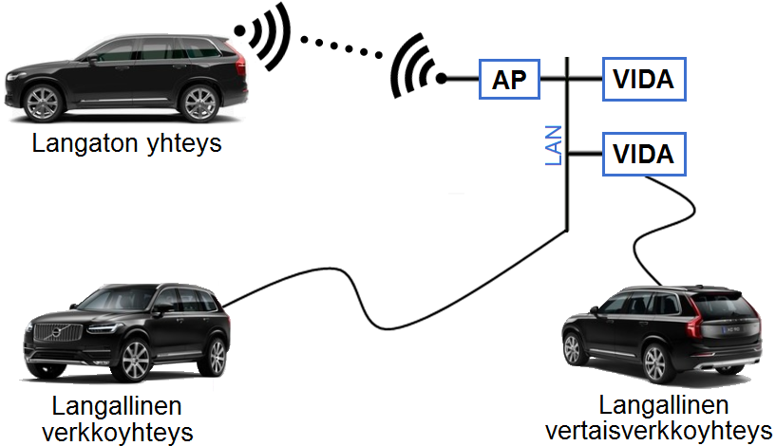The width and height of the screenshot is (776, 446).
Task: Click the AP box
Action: pos(509,79)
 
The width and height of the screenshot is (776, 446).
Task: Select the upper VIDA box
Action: pos(644,79)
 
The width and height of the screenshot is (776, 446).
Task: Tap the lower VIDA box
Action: pos(644,154)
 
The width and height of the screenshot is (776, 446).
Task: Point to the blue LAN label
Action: pos(554,145)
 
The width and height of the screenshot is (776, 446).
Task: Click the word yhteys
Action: pos(184,144)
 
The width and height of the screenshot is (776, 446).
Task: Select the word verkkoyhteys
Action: pos(117,433)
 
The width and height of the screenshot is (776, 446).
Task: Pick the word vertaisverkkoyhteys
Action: pos(659,431)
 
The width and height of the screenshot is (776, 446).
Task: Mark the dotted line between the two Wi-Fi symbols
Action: pos(342,47)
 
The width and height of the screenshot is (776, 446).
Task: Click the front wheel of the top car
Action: pos(43,103)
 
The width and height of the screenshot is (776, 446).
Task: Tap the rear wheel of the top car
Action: pos(199,103)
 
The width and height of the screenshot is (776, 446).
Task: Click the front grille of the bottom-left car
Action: pos(57,332)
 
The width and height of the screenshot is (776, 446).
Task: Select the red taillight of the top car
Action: pos(240,61)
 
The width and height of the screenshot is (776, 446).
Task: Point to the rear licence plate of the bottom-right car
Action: pos(732,329)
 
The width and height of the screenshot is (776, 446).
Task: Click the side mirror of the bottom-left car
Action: pos(162,309)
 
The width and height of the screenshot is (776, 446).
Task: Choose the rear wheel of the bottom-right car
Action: pos(655,363)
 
